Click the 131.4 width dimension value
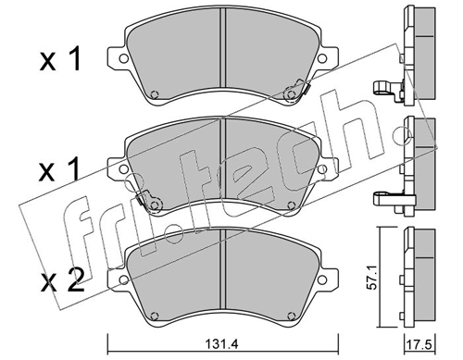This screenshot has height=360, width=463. click(x=221, y=344)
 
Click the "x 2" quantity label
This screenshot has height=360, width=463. click(x=62, y=280)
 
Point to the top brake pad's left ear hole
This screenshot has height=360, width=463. click(x=123, y=58)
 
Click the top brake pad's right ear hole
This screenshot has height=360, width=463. click(x=322, y=58)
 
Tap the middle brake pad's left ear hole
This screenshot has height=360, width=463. click(x=123, y=168)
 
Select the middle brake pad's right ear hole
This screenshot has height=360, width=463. click(x=322, y=168)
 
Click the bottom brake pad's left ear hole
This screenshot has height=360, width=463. click(x=123, y=279)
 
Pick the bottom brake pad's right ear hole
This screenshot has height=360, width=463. click(x=322, y=279)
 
